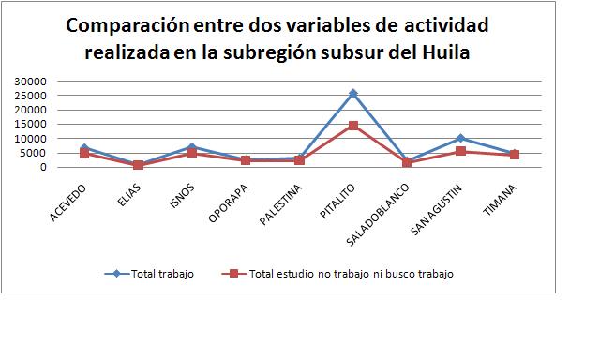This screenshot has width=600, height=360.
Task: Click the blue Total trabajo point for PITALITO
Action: click(353, 93)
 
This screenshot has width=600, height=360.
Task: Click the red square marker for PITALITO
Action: click(353, 126)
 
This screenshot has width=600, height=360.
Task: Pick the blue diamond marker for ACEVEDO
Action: click(84, 147)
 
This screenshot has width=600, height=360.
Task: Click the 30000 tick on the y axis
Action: click(32, 82)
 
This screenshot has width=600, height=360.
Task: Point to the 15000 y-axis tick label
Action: click(32, 124)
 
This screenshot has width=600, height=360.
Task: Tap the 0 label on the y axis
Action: click(43, 167)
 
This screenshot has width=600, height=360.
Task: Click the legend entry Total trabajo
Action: click(165, 274)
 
